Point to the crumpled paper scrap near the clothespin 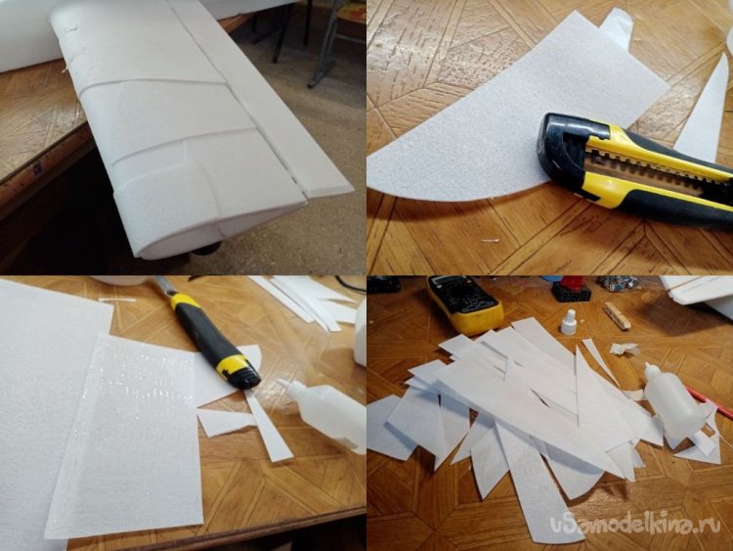point(625,348)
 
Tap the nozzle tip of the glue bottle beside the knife point(281,383)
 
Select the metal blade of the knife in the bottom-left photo point(161,285)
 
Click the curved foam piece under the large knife point(505,117)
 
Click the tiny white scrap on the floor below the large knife point(490,241)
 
